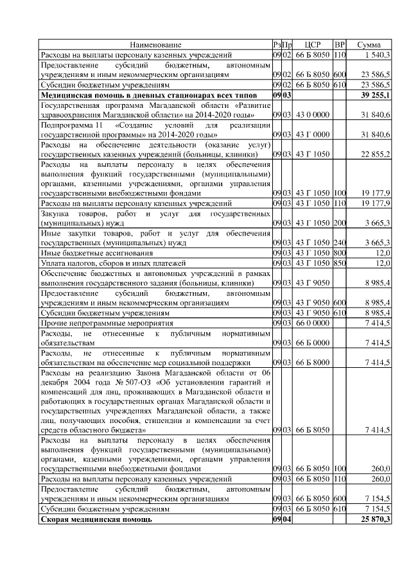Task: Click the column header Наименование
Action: [x=155, y=45]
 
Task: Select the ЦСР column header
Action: [x=312, y=45]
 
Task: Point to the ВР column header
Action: [x=341, y=45]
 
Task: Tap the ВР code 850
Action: [x=340, y=263]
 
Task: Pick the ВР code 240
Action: [x=340, y=243]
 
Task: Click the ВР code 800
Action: [x=340, y=254]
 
